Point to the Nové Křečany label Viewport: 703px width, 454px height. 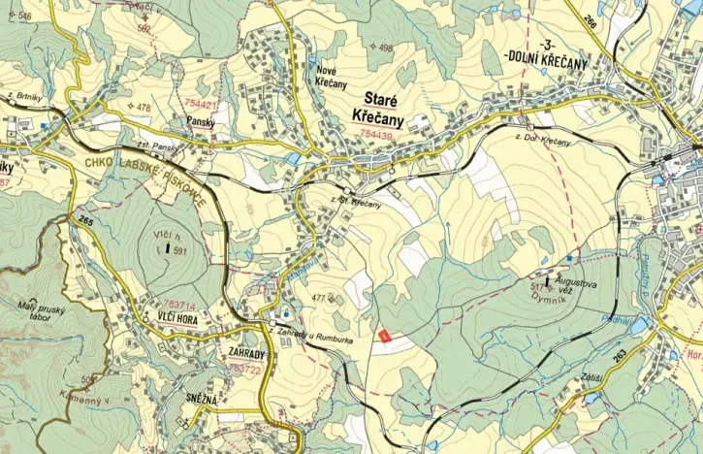pos(332,77)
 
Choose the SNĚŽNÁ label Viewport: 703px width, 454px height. pos(220,398)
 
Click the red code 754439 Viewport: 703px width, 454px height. pos(375,135)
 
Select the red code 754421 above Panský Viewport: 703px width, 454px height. pos(202,104)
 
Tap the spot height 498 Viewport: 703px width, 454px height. pos(386,48)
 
